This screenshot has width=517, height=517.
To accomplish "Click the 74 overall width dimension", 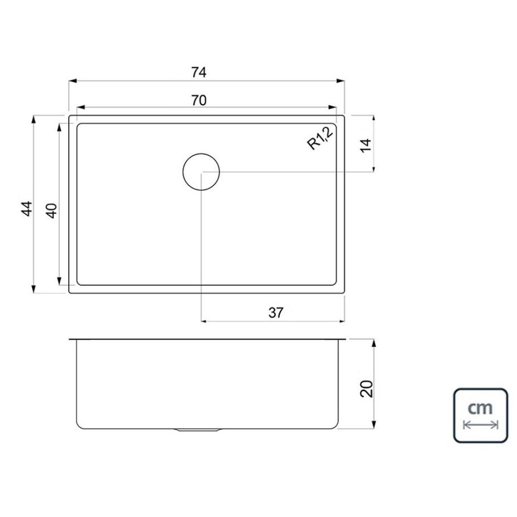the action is coord(199,72).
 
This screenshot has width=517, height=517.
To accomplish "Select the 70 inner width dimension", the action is coord(199,100).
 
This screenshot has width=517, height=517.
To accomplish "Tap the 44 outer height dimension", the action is coord(27,208).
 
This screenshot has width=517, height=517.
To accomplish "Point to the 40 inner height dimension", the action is coord(52,211).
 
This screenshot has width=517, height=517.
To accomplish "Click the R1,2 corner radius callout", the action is coord(320,139).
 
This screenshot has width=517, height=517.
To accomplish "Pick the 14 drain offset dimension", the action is coord(366,145).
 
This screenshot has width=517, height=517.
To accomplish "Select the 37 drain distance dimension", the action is coord(276,313).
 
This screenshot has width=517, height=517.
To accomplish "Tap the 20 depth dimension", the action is coord(367,389).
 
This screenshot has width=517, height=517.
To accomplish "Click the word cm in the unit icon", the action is coord(480,408).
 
